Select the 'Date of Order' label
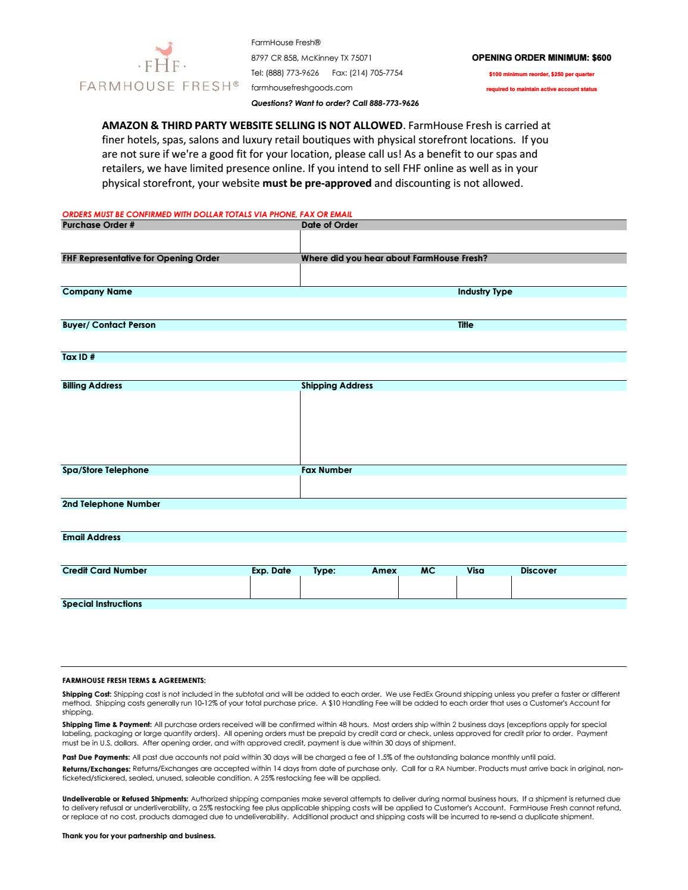pyautogui.click(x=330, y=225)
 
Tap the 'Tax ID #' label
pyautogui.click(x=79, y=357)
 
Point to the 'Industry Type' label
pyautogui.click(x=484, y=292)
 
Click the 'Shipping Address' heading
pyautogui.click(x=337, y=386)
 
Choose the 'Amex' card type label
pyautogui.click(x=384, y=571)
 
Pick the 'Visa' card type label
pyautogui.click(x=475, y=571)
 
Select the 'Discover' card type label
pyautogui.click(x=538, y=571)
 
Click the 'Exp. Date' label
pyautogui.click(x=271, y=571)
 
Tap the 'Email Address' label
pyautogui.click(x=92, y=537)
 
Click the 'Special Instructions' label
pyautogui.click(x=102, y=604)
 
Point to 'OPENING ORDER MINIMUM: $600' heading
pyautogui.click(x=541, y=58)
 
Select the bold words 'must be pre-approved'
pyautogui.click(x=317, y=183)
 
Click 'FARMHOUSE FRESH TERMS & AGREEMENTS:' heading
pyautogui.click(x=134, y=681)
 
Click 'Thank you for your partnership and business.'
pyautogui.click(x=139, y=836)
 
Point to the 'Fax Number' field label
pyautogui.click(x=326, y=470)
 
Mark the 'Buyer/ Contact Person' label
pyautogui.click(x=109, y=325)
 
